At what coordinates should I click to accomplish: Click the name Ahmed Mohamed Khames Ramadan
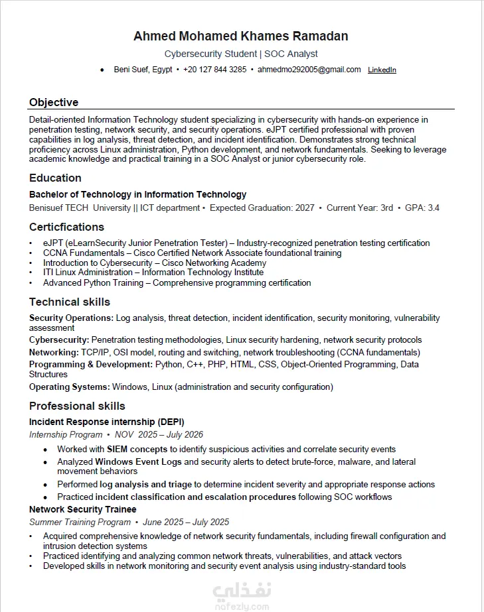pos(241,36)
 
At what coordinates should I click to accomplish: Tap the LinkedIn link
pos(382,70)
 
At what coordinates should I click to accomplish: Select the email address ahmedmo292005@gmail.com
pos(309,70)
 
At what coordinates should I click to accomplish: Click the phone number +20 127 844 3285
pos(214,70)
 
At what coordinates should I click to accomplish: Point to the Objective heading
pos(54,102)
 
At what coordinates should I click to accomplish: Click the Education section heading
pos(55,178)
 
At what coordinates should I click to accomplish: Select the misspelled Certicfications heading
pos(66,227)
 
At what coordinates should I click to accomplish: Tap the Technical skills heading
pos(70,302)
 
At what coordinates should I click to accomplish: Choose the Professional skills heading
pos(77,406)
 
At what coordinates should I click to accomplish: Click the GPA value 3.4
pos(433,208)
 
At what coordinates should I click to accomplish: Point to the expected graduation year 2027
pos(305,208)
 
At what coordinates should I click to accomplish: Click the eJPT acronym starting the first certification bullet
pos(52,243)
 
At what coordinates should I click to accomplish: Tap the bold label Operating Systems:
pos(70,387)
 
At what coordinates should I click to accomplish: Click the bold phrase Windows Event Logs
pos(138,461)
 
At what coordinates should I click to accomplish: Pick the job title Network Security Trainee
pos(83,509)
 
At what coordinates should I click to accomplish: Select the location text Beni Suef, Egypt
pos(143,70)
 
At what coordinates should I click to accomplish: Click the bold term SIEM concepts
pos(137,449)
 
